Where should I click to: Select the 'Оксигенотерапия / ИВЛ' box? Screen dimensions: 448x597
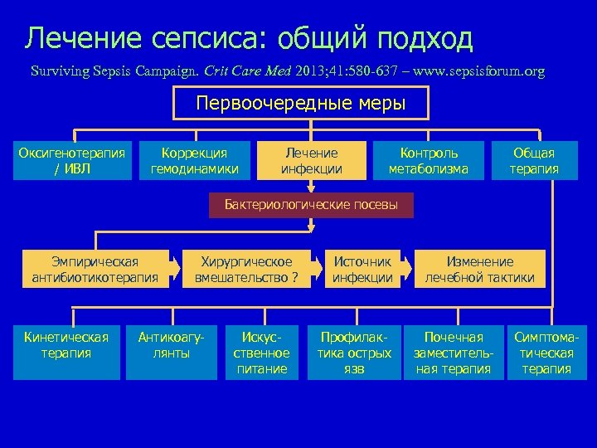tap(73, 161)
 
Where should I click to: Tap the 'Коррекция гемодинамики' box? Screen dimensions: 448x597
tap(194, 161)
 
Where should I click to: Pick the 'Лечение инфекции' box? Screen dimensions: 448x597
tap(311, 161)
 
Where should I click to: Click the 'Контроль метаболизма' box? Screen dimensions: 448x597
tap(429, 161)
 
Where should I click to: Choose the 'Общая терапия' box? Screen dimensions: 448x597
tap(534, 161)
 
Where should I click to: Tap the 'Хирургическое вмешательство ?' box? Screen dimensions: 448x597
tap(246, 269)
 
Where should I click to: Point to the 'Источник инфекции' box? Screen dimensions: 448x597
tap(362, 269)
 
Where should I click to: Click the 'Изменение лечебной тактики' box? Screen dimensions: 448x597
tap(480, 269)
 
